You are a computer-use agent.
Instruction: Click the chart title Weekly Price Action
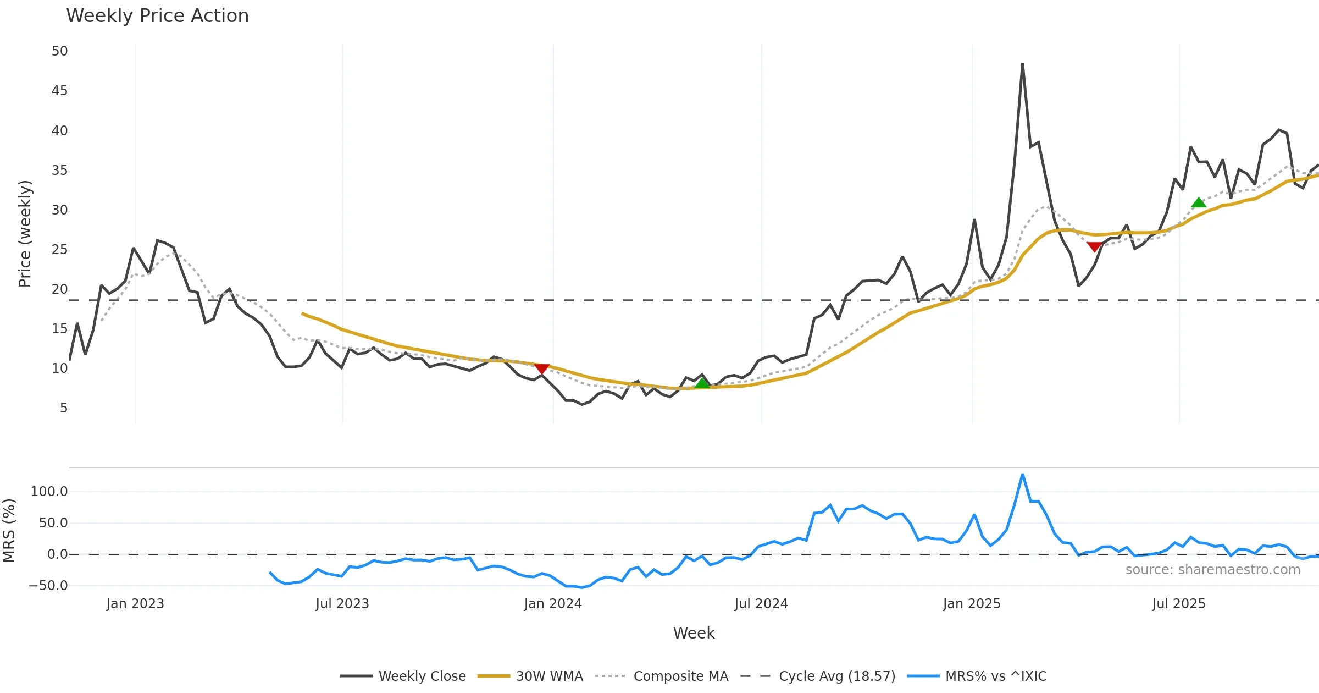[x=157, y=16]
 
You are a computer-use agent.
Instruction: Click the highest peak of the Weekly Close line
[x=1022, y=64]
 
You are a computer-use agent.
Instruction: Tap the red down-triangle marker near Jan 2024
[x=542, y=369]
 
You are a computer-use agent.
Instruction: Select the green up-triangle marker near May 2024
[x=702, y=383]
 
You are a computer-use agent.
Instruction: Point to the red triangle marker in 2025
[x=1094, y=247]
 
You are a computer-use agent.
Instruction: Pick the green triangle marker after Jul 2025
[x=1199, y=202]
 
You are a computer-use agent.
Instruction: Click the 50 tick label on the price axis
[x=59, y=51]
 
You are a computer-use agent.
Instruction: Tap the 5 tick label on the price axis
[x=64, y=408]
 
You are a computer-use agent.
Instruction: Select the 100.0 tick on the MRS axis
[x=49, y=492]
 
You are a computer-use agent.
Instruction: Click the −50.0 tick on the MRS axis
[x=48, y=586]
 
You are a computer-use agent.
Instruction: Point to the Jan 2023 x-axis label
[x=135, y=604]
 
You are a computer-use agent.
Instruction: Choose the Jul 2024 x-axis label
[x=761, y=604]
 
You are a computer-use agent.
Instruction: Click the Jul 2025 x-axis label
[x=1179, y=604]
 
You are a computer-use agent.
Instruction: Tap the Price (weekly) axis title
[x=25, y=234]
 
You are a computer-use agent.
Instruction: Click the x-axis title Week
[x=694, y=634]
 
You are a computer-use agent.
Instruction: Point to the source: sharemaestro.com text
[x=1212, y=570]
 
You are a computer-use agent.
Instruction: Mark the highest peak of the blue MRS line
[x=1022, y=475]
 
